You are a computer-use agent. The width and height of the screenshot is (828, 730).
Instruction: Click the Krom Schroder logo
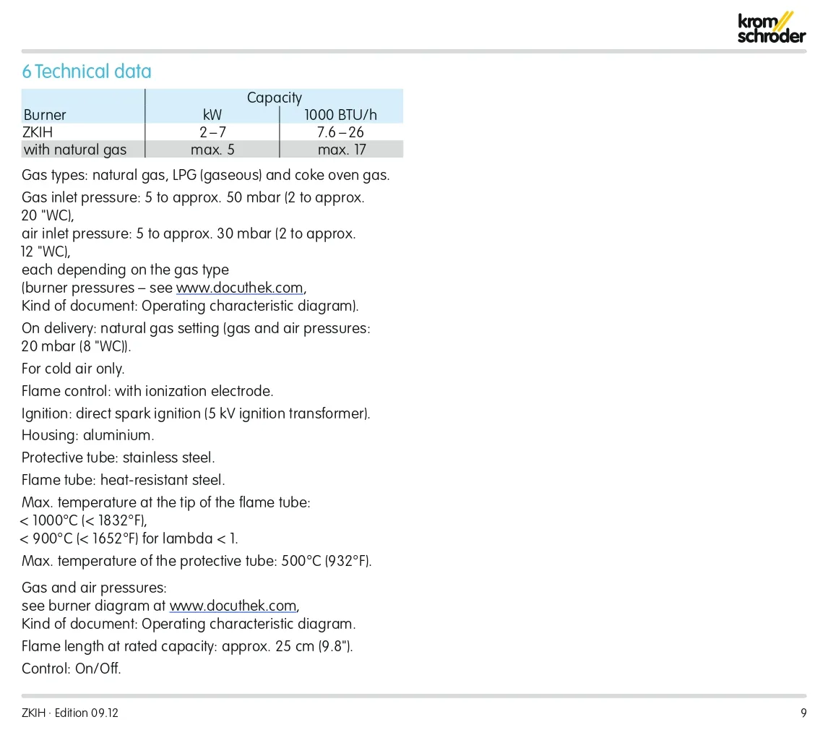771,27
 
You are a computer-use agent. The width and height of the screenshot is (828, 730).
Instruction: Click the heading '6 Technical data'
87,72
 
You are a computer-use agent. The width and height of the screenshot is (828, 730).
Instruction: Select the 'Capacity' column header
274,98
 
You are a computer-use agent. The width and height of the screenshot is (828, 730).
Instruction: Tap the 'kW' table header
212,115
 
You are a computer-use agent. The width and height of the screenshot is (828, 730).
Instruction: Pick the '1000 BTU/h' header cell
340,115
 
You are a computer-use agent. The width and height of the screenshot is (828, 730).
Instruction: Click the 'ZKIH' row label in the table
38,132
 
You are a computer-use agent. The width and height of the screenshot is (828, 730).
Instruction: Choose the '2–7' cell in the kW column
212,132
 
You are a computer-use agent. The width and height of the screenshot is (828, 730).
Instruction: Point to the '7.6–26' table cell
340,132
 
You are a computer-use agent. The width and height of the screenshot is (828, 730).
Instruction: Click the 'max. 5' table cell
212,150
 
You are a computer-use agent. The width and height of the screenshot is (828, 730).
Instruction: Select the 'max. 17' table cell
341,150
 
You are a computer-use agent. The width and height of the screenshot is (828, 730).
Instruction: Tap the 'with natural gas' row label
74,150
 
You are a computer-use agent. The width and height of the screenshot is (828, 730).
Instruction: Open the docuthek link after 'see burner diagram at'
233,606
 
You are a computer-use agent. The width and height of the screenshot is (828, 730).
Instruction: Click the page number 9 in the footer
803,713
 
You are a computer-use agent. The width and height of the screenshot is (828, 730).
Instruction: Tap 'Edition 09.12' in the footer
87,713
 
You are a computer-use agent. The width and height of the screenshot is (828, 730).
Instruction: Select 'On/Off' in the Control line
97,669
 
